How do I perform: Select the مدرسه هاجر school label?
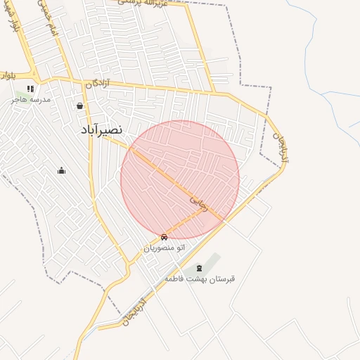pyautogui.click(x=30, y=100)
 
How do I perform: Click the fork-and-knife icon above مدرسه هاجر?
pyautogui.click(x=30, y=89)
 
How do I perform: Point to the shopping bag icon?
pyautogui.click(x=79, y=106)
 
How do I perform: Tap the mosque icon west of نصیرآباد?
pyautogui.click(x=61, y=170)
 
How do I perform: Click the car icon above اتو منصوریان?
pyautogui.click(x=165, y=237)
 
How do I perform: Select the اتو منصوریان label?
pyautogui.click(x=165, y=247)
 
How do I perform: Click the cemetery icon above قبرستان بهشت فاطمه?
pyautogui.click(x=198, y=268)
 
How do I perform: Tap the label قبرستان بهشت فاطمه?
pyautogui.click(x=199, y=278)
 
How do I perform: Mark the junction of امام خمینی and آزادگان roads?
pyautogui.click(x=70, y=78)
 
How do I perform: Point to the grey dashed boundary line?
pyautogui.click(x=271, y=105)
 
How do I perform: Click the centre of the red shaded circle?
pyautogui.click(x=180, y=180)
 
